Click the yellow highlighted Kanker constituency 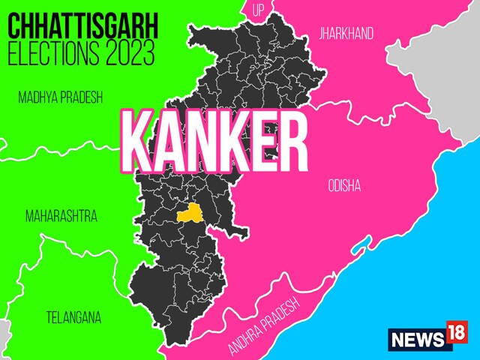(x=190, y=212)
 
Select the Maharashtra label (x=61, y=217)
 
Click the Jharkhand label (x=346, y=34)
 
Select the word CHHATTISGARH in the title (x=82, y=27)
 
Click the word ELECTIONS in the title (x=52, y=55)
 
